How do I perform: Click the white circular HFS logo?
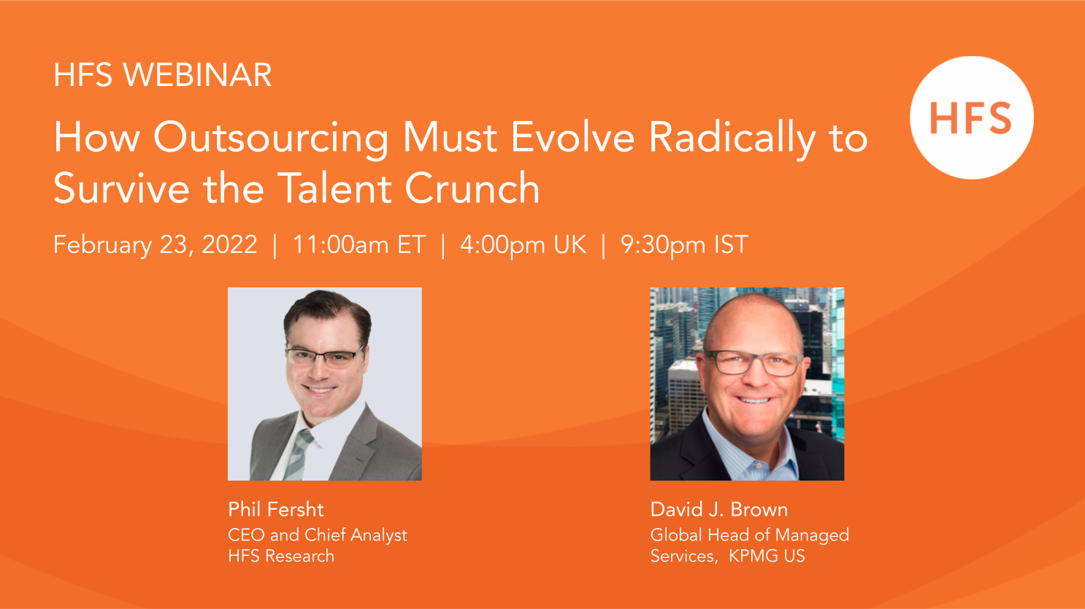972,117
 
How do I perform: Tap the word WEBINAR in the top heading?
197,75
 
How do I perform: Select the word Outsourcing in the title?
272,139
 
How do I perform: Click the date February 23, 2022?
155,245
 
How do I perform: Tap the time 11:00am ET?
359,244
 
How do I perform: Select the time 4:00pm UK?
523,245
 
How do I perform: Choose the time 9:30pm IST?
684,245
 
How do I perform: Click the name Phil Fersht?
275,509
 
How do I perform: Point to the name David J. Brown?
718,509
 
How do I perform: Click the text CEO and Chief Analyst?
318,535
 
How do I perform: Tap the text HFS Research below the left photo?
281,556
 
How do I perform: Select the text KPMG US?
767,556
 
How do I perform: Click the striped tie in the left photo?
297,454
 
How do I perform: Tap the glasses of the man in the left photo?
323,357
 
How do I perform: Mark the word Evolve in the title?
572,139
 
